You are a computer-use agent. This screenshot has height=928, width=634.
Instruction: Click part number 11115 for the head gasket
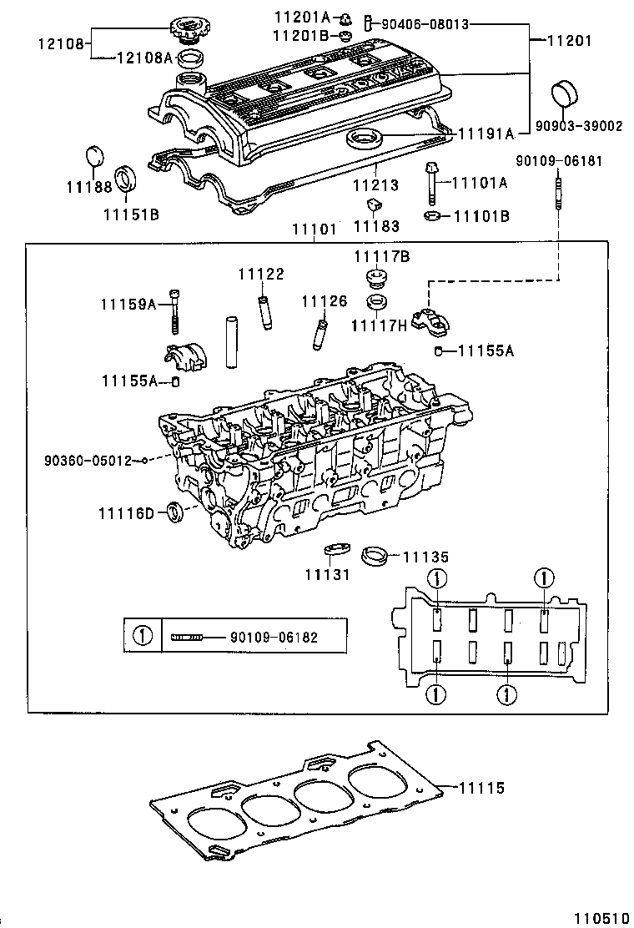coord(482,787)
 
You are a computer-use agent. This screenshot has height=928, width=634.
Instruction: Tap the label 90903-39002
coord(579,126)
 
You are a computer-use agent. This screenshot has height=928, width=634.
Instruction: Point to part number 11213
coord(376,184)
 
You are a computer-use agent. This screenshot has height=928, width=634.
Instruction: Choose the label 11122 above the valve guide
coord(260,274)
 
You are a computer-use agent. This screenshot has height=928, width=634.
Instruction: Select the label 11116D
coord(125,512)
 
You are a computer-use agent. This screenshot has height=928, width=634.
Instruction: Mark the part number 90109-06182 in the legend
coord(274,637)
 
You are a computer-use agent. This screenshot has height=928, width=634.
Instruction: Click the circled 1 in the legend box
coord(143,637)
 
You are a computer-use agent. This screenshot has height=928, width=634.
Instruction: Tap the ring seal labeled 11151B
coord(126,179)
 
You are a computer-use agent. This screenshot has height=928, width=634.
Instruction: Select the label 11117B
coord(381,257)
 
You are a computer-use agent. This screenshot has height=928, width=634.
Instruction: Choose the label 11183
coord(376,226)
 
